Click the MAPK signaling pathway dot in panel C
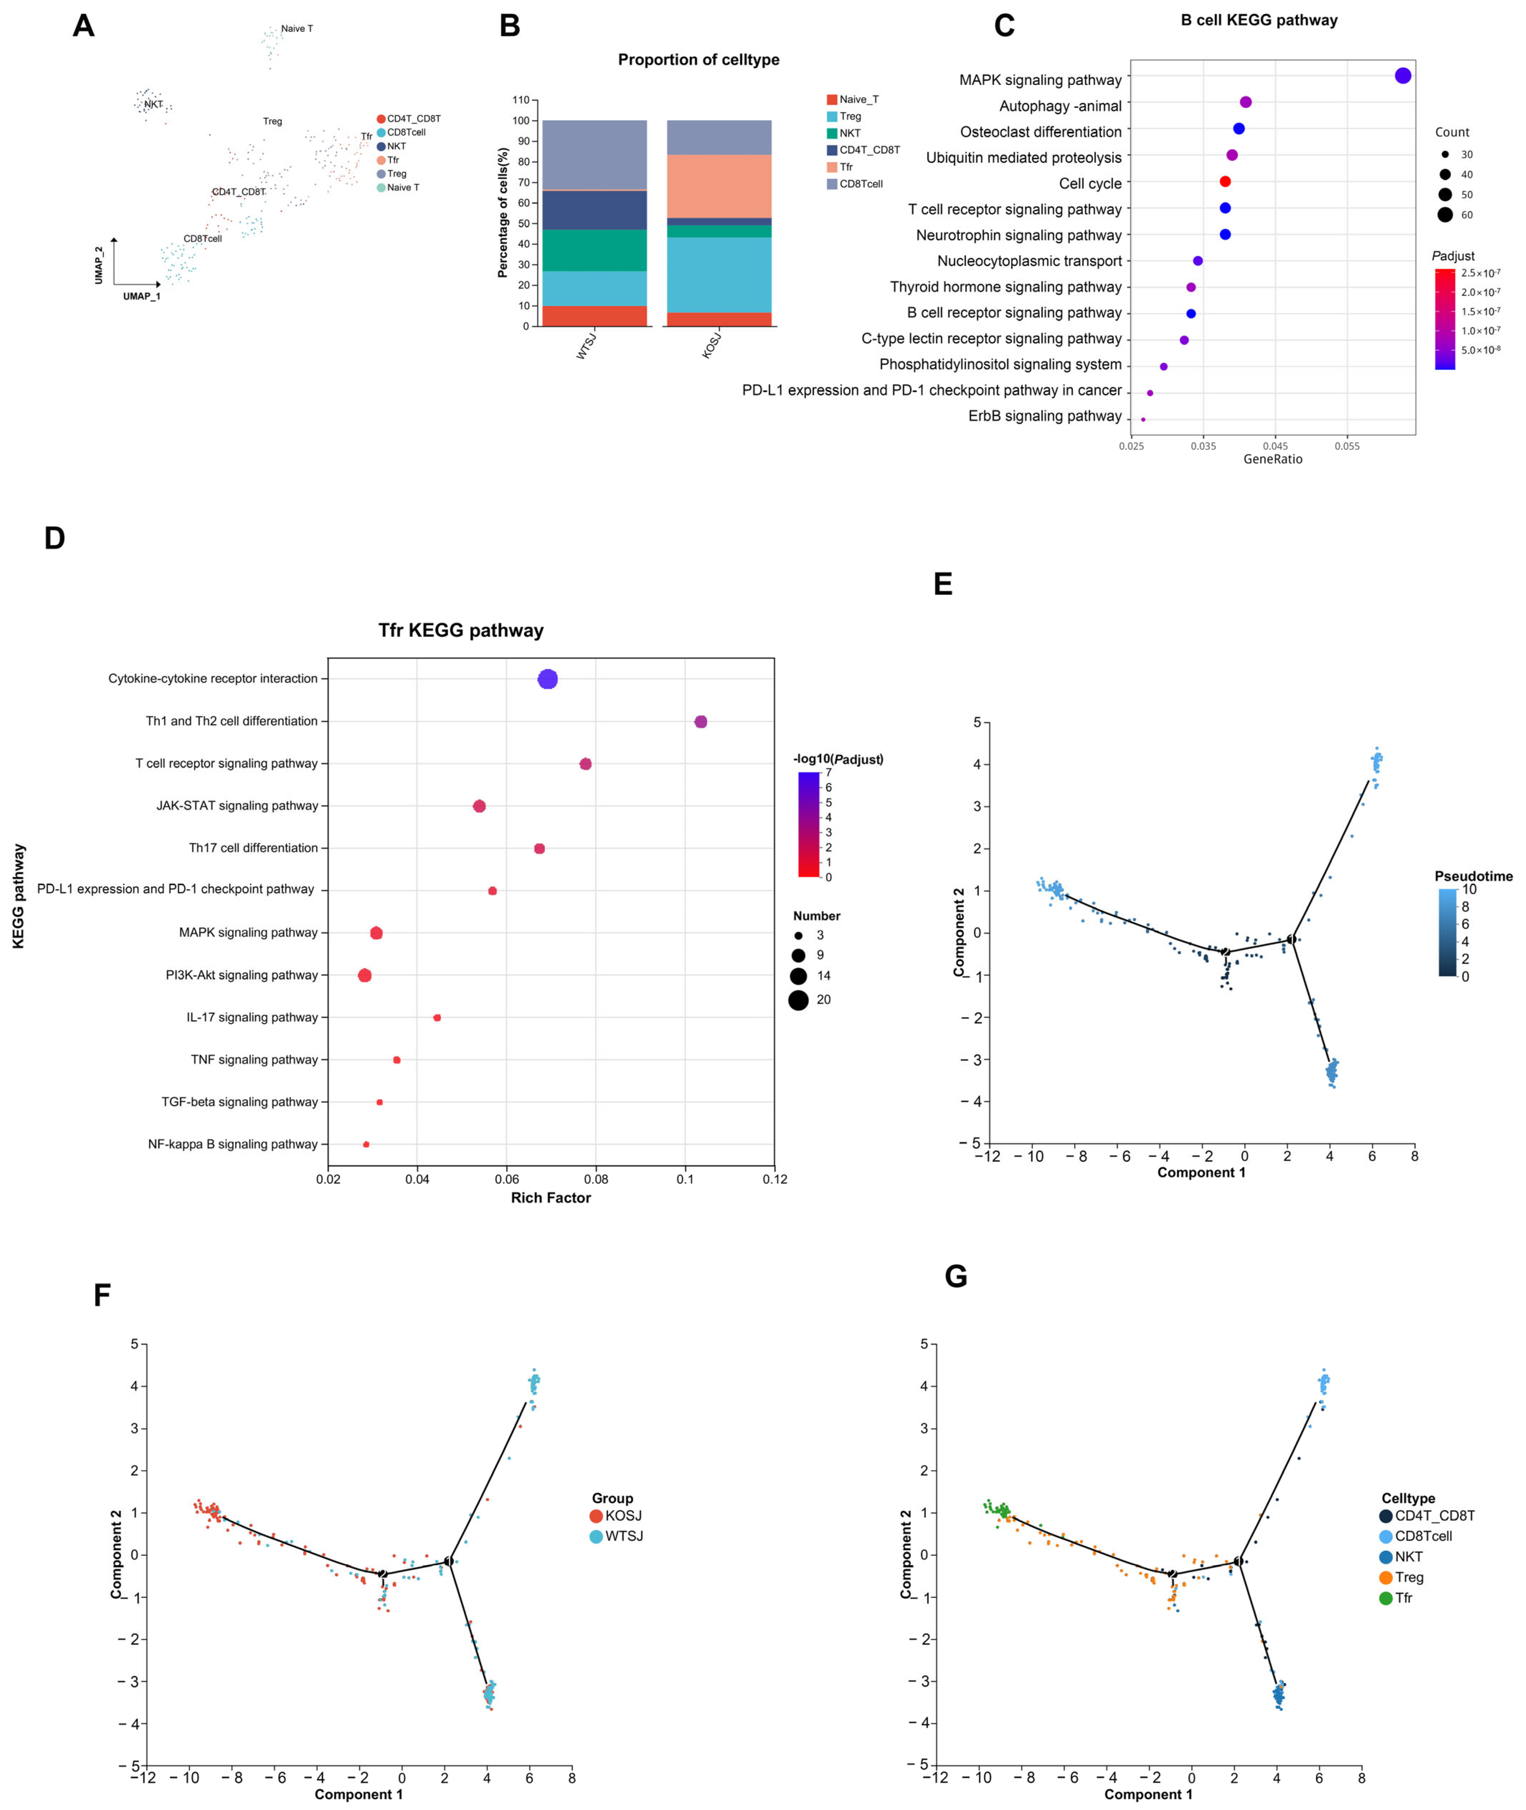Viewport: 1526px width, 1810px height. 1402,76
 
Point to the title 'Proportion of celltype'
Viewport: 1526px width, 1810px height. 698,60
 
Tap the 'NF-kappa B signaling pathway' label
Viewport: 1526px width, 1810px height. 233,1144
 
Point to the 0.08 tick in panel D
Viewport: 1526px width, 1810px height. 596,1179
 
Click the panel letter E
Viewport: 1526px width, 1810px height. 943,584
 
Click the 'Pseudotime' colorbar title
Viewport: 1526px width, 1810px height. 1473,876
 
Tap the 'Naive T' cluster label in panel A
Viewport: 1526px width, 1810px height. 297,29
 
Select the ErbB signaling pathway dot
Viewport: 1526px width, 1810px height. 1143,420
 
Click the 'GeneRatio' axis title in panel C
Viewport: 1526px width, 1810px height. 1272,459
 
